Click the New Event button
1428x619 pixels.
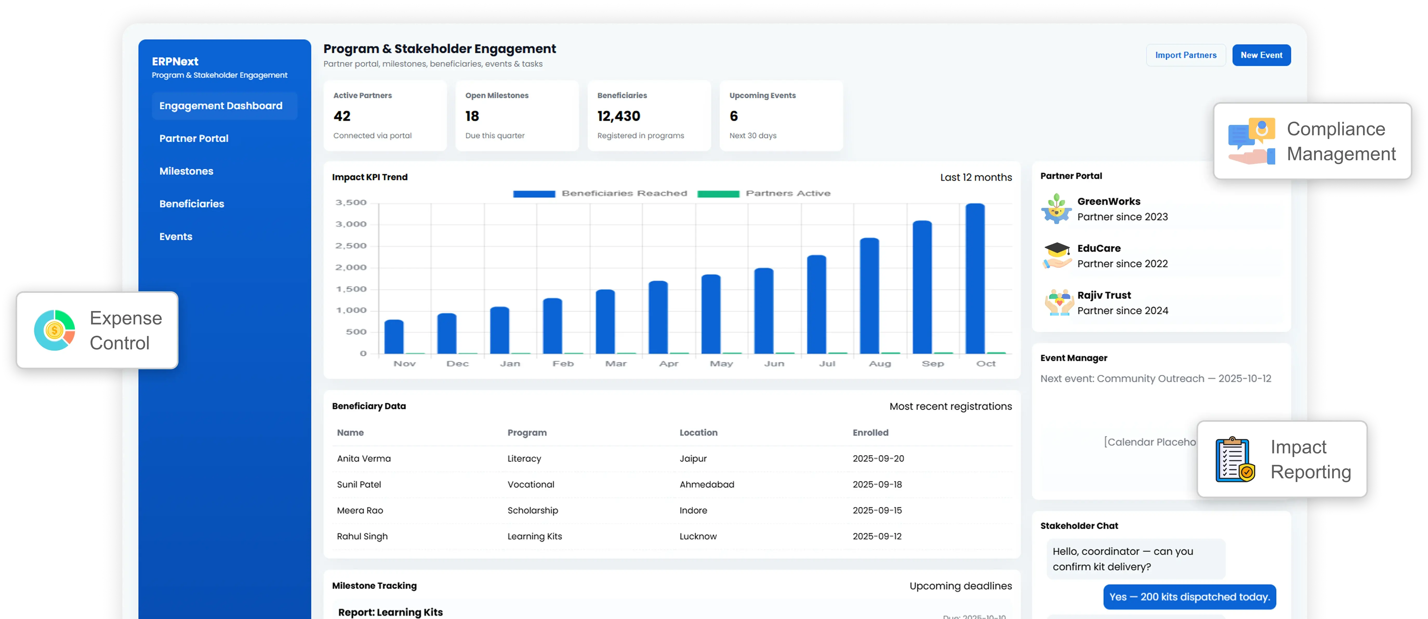coord(1261,55)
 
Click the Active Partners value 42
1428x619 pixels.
coord(342,116)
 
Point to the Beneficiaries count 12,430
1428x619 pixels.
coord(619,116)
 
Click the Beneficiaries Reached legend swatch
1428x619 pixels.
coord(534,194)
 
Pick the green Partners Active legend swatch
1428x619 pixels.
coord(718,194)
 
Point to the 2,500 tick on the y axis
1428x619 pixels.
coord(351,246)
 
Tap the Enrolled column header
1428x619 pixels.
coord(870,433)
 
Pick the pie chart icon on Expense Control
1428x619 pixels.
coord(54,331)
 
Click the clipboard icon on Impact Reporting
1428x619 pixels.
coord(1234,460)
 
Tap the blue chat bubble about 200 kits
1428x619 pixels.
coord(1189,597)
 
